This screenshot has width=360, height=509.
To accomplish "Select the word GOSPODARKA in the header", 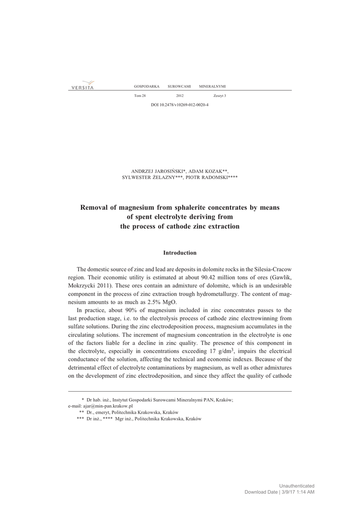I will click(147, 86).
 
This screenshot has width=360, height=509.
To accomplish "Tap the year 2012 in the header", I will click(180, 95).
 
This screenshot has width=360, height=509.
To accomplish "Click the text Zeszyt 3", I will click(219, 95).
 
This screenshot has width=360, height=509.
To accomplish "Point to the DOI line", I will click(180, 105).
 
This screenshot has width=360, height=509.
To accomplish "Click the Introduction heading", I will click(180, 253).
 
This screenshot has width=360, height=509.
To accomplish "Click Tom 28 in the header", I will click(140, 95).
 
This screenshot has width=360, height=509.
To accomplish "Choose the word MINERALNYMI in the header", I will click(212, 86).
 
